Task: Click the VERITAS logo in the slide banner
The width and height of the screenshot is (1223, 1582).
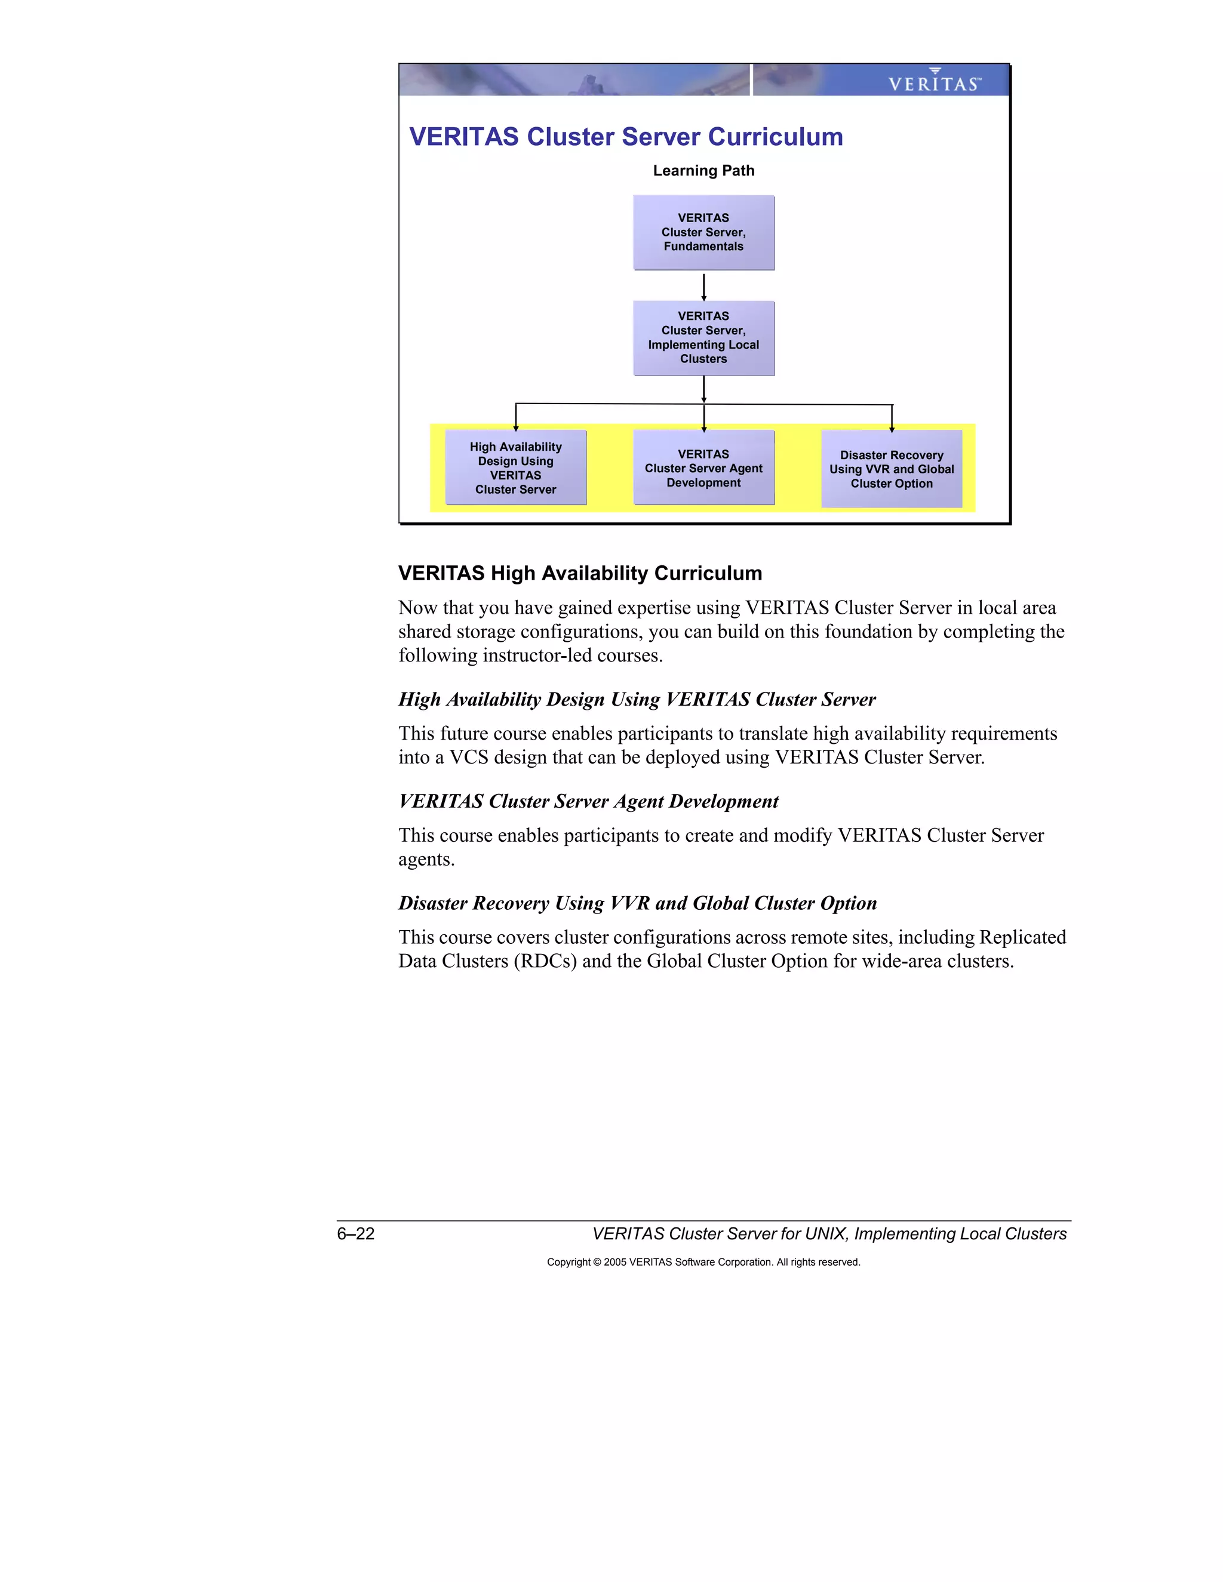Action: pos(934,81)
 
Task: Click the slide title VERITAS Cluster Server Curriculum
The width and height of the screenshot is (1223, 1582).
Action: pos(626,137)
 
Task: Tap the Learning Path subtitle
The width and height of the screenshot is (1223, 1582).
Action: pos(703,170)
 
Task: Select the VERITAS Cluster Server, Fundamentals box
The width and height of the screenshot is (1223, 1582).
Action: pos(703,232)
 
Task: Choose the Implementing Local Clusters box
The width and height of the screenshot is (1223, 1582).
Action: pos(703,337)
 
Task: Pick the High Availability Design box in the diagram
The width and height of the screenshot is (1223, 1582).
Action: pos(515,468)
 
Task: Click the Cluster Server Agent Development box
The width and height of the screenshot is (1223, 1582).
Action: pos(703,468)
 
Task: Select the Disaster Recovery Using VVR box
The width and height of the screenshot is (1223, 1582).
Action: pos(891,469)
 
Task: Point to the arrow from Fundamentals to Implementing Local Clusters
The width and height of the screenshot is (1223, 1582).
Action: pos(703,286)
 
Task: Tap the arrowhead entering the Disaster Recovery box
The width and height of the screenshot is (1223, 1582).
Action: pos(892,428)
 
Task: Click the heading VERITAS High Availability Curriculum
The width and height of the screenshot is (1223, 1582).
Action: pos(580,573)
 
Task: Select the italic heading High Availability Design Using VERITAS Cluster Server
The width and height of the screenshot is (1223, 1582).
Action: pos(637,699)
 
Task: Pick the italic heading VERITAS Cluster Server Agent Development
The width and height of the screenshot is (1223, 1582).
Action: pos(588,801)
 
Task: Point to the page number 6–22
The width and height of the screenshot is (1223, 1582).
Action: pos(356,1233)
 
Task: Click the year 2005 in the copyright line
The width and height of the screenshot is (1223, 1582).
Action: pos(615,1262)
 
